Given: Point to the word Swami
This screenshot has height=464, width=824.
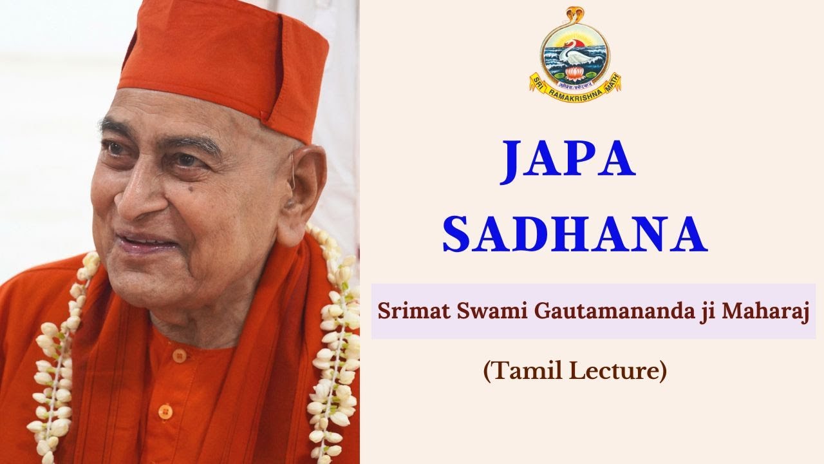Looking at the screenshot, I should click(474, 311).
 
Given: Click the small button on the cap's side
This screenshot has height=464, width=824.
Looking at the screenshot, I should click(265, 116).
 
